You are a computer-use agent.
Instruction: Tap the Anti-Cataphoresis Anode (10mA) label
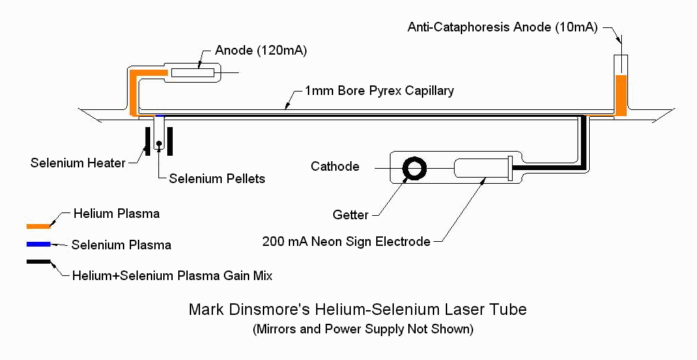[x=502, y=27]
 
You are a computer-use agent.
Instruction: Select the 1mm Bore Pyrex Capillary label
[x=379, y=91]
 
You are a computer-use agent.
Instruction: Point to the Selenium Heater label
[x=78, y=163]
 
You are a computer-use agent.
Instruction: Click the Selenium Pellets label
[x=217, y=178]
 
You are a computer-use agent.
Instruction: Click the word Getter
[x=350, y=214]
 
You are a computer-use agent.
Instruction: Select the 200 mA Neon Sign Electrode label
[x=346, y=241]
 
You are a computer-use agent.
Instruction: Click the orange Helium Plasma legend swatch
[x=38, y=225]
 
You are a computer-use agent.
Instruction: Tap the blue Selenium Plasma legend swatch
[x=38, y=244]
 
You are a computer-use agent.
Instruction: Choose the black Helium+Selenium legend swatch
[x=38, y=262]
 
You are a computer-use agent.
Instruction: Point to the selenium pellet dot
[x=158, y=143]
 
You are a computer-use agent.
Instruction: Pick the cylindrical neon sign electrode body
[x=482, y=167]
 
